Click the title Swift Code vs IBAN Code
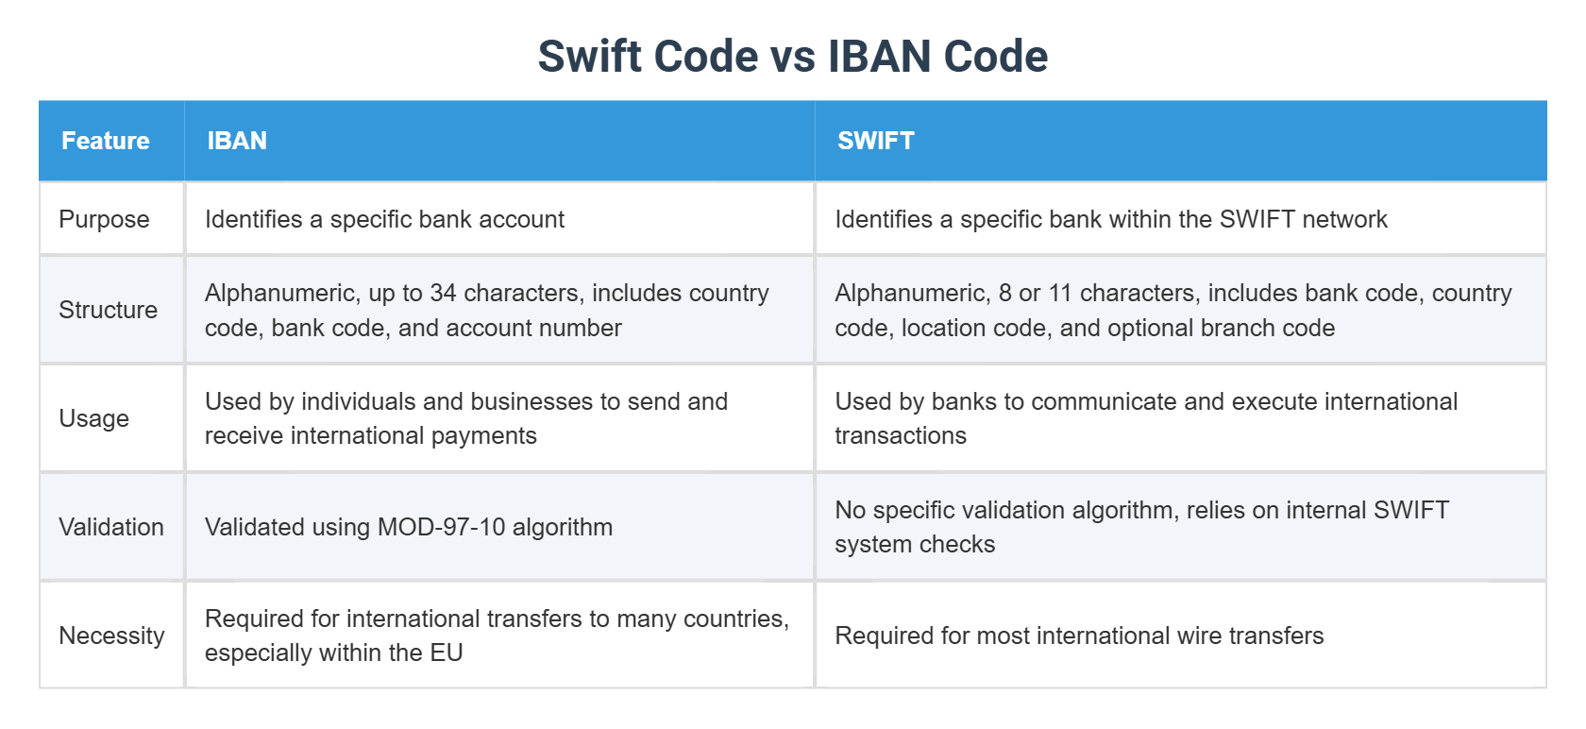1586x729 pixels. (792, 57)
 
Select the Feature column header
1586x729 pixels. (106, 141)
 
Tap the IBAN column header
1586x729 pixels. (237, 141)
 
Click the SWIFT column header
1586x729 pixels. (875, 141)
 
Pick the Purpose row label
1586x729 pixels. (104, 219)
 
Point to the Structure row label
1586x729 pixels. (108, 310)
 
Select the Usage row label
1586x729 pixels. (93, 418)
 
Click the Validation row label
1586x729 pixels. (111, 527)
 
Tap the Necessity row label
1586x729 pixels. (111, 636)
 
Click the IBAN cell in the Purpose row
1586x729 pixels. (384, 219)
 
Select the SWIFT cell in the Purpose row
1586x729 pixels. (1110, 219)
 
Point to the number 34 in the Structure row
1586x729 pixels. (443, 293)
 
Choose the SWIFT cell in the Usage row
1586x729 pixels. (1145, 418)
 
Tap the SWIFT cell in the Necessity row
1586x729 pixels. (1078, 636)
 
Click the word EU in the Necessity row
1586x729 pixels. (447, 653)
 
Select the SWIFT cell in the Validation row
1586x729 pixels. (1140, 527)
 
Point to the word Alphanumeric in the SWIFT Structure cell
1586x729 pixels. (911, 293)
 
